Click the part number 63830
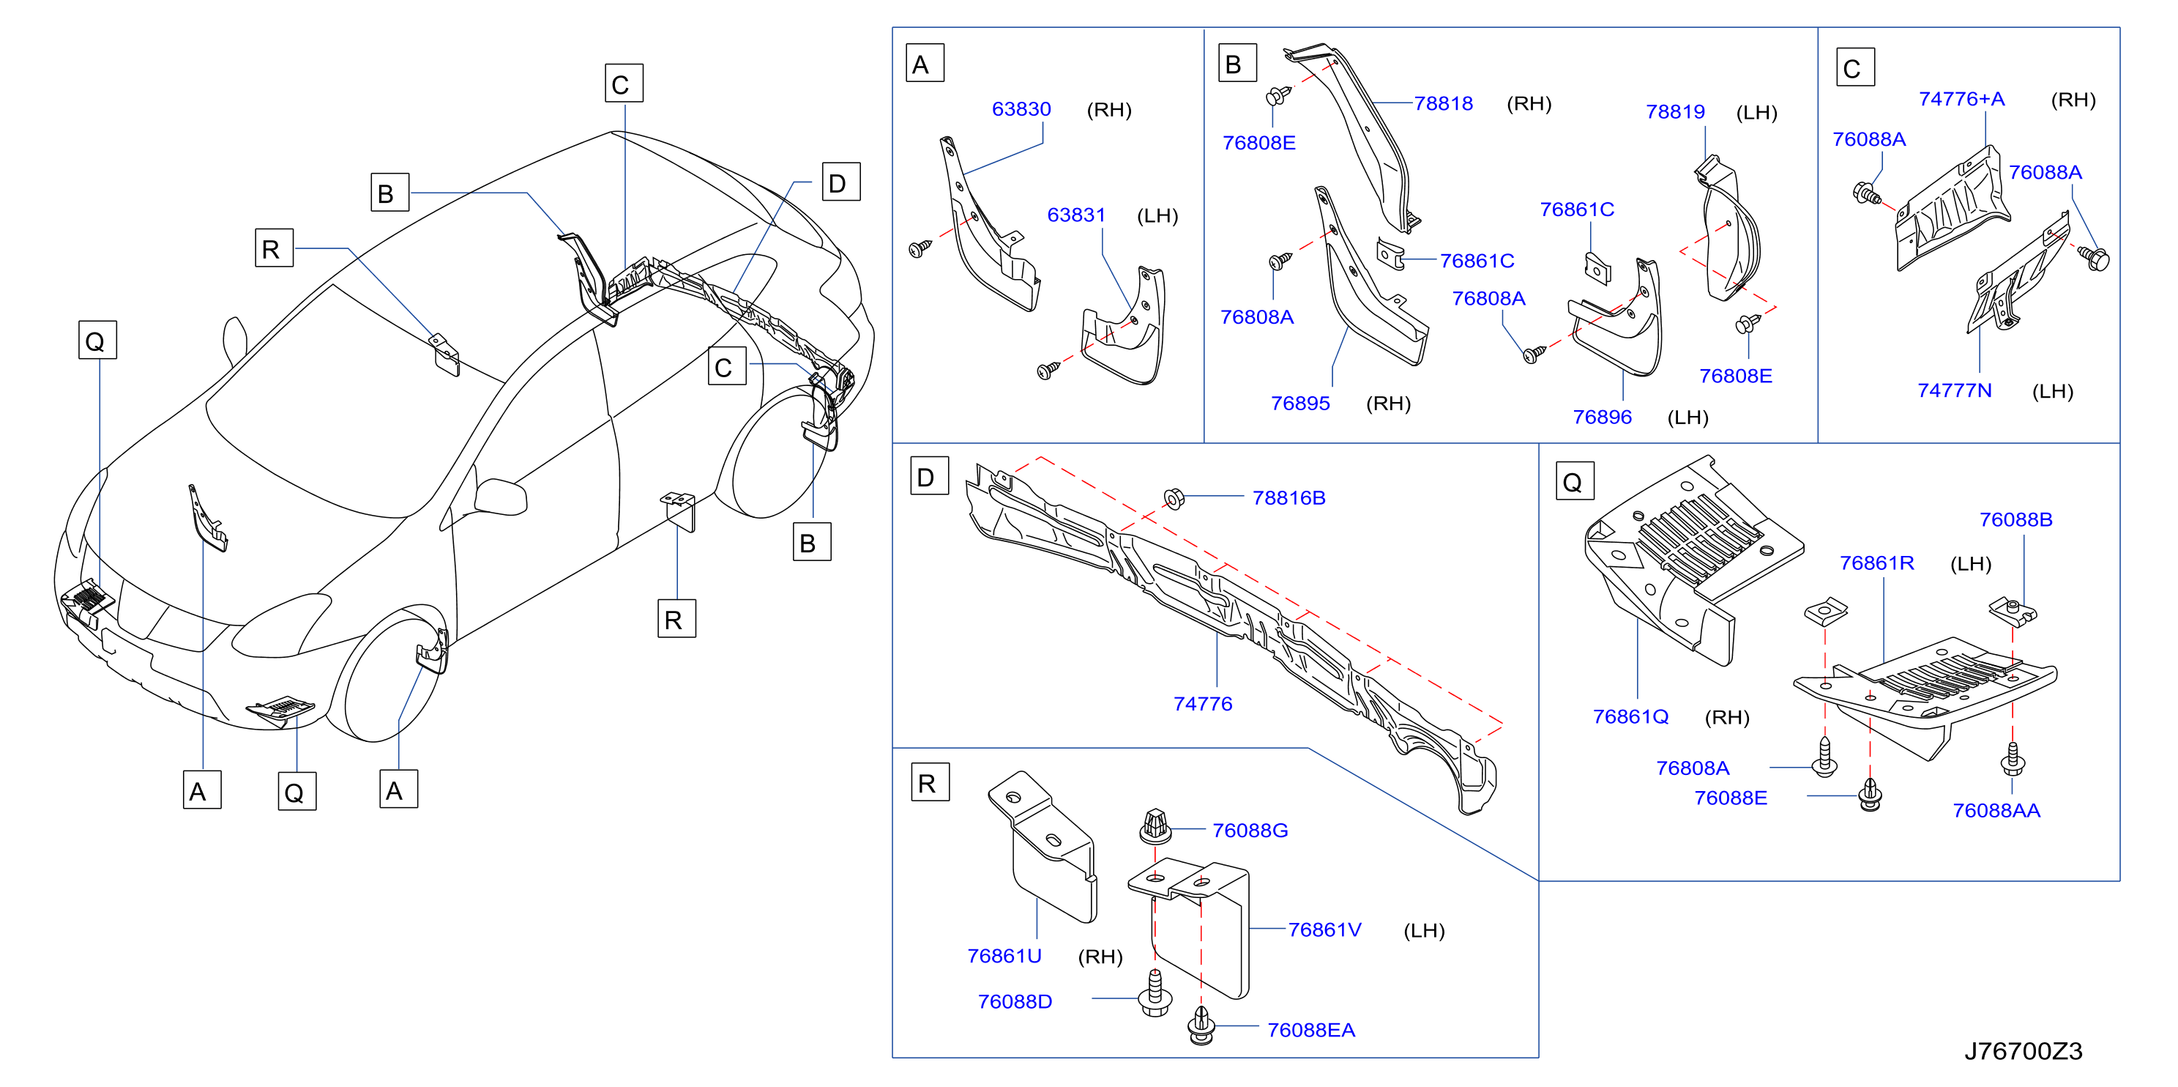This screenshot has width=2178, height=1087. pyautogui.click(x=1021, y=109)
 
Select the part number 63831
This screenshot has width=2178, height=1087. pyautogui.click(x=1075, y=215)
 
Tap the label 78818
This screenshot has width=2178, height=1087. pyautogui.click(x=1443, y=103)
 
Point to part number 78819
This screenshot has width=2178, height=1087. pyautogui.click(x=1675, y=111)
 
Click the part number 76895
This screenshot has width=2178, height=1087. pyautogui.click(x=1300, y=404)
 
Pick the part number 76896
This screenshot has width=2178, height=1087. pyautogui.click(x=1603, y=417)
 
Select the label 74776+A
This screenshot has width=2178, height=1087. pyautogui.click(x=1961, y=99)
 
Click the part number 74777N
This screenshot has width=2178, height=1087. pyautogui.click(x=1954, y=390)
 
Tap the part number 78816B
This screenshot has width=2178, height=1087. pyautogui.click(x=1288, y=497)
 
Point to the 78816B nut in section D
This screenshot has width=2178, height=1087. pyautogui.click(x=1174, y=498)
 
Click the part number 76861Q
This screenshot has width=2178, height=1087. pyautogui.click(x=1630, y=716)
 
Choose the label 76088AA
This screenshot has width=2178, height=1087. pyautogui.click(x=1996, y=810)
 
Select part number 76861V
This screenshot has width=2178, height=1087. pyautogui.click(x=1324, y=930)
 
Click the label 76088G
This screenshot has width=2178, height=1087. pyautogui.click(x=1250, y=831)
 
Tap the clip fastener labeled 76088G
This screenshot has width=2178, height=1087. pyautogui.click(x=1155, y=826)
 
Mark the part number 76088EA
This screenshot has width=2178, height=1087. pyautogui.click(x=1310, y=1029)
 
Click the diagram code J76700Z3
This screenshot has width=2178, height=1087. pyautogui.click(x=2022, y=1050)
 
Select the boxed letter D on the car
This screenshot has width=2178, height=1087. pyautogui.click(x=841, y=182)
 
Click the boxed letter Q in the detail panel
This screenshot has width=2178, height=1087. pyautogui.click(x=1574, y=481)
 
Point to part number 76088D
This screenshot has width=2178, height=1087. pyautogui.click(x=1015, y=1001)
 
